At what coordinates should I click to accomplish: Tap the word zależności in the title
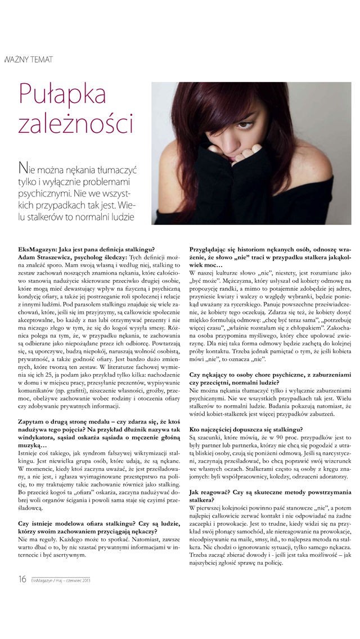76,123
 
